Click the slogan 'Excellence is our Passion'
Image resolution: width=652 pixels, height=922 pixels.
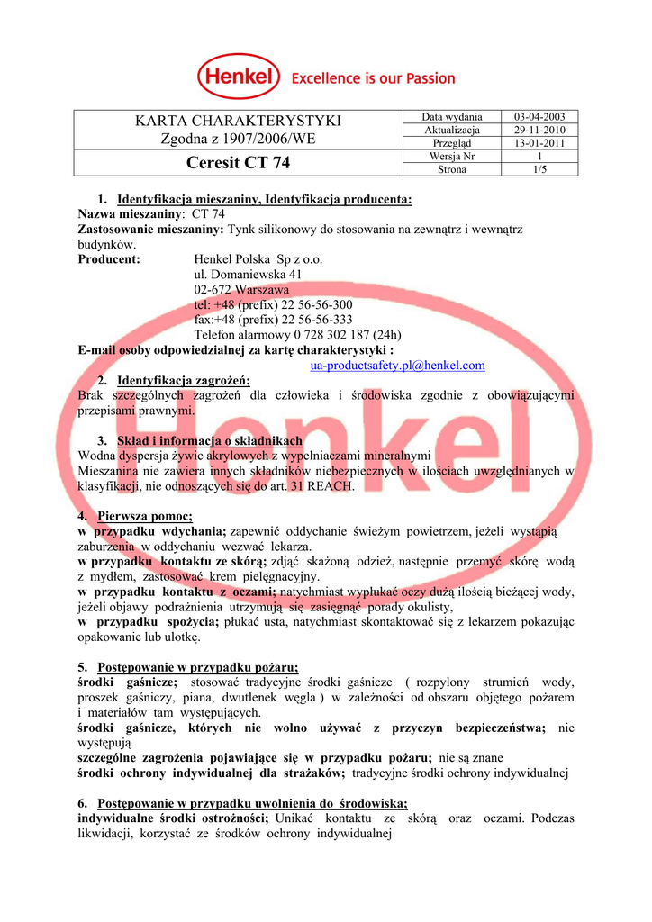[x=373, y=78]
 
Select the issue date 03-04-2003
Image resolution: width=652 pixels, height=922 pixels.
[x=539, y=117]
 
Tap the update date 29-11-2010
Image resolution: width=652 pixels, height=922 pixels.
[x=539, y=130]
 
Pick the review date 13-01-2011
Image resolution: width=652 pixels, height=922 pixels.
[x=539, y=142]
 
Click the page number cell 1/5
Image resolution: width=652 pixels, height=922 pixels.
[x=539, y=168]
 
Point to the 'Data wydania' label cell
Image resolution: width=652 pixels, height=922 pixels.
[x=452, y=117]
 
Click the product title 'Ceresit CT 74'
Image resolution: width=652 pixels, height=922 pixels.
[x=238, y=162]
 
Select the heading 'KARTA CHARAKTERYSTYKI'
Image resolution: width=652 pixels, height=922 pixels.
[x=238, y=122]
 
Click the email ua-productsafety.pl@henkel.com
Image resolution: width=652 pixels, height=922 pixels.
[x=397, y=365]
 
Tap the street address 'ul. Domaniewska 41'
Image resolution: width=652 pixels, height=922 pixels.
[x=248, y=274]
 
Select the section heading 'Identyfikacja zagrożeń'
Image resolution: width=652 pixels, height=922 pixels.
[x=186, y=380]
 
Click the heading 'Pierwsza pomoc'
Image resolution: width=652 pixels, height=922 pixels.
[x=145, y=516]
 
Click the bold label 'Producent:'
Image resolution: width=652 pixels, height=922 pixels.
[x=109, y=259]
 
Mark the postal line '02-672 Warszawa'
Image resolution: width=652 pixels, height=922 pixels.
[x=241, y=289]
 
